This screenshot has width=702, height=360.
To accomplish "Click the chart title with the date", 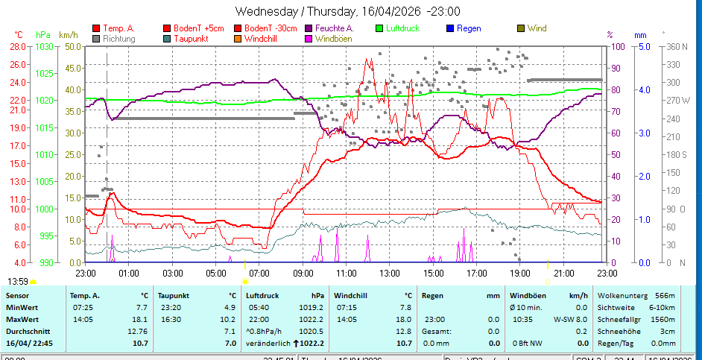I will (x=347, y=11).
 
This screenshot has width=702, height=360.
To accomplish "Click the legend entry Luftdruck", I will (x=402, y=28).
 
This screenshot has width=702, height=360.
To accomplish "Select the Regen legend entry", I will (x=469, y=28).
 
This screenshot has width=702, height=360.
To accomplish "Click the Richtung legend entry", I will (x=119, y=38).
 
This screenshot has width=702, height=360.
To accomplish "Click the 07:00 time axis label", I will (x=259, y=274).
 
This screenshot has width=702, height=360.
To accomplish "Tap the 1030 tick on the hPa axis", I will (x=44, y=46).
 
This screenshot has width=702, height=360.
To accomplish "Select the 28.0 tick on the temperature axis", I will (x=19, y=46).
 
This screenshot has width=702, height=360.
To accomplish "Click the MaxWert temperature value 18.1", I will (x=139, y=319).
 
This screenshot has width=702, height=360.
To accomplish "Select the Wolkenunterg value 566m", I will (x=665, y=295).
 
